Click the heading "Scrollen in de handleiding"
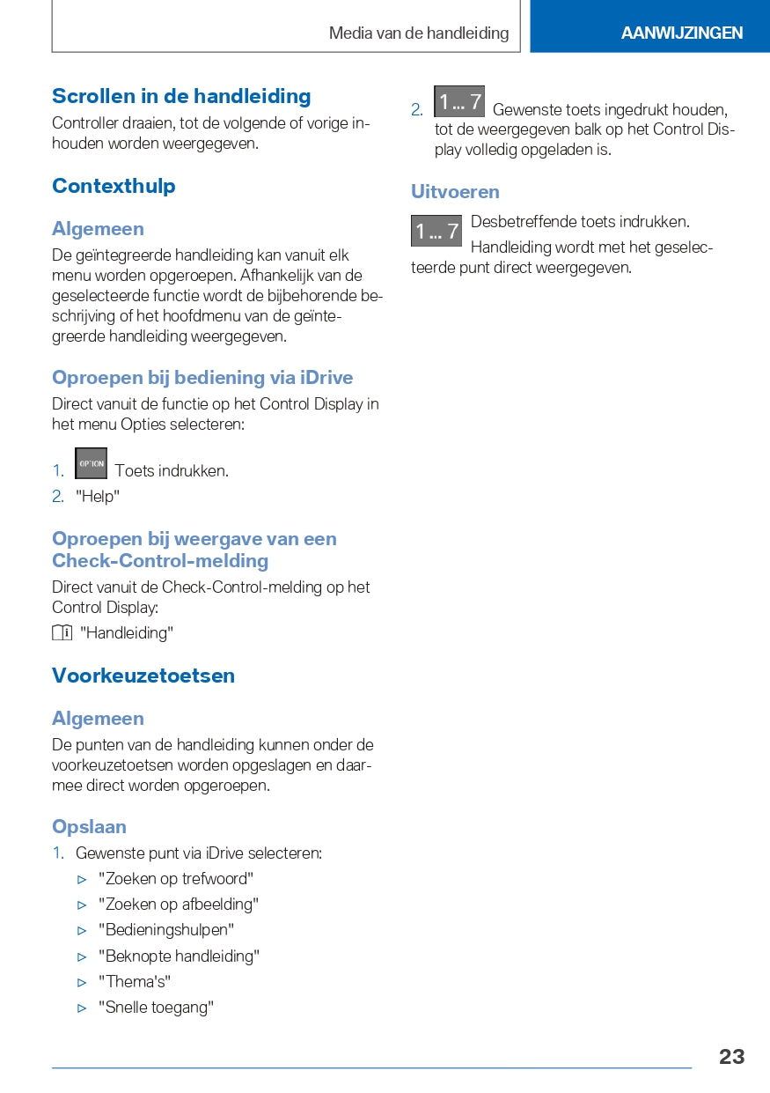point(181,96)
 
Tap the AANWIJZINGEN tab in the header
point(681,33)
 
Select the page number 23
point(731,1057)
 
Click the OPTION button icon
point(92,463)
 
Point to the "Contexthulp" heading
point(114,186)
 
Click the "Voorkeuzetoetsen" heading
point(143,676)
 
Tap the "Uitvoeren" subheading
point(455,192)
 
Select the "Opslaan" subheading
point(89,826)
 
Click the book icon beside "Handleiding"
point(62,632)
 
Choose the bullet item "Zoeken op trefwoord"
point(176,878)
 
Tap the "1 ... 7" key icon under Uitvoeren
point(436,231)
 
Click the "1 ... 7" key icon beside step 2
point(459,101)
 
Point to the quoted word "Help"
point(98,497)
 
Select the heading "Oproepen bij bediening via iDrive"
point(202,378)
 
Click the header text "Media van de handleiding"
point(419,33)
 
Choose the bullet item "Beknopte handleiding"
point(179,956)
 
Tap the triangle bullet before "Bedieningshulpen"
point(83,930)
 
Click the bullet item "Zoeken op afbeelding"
point(179,904)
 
